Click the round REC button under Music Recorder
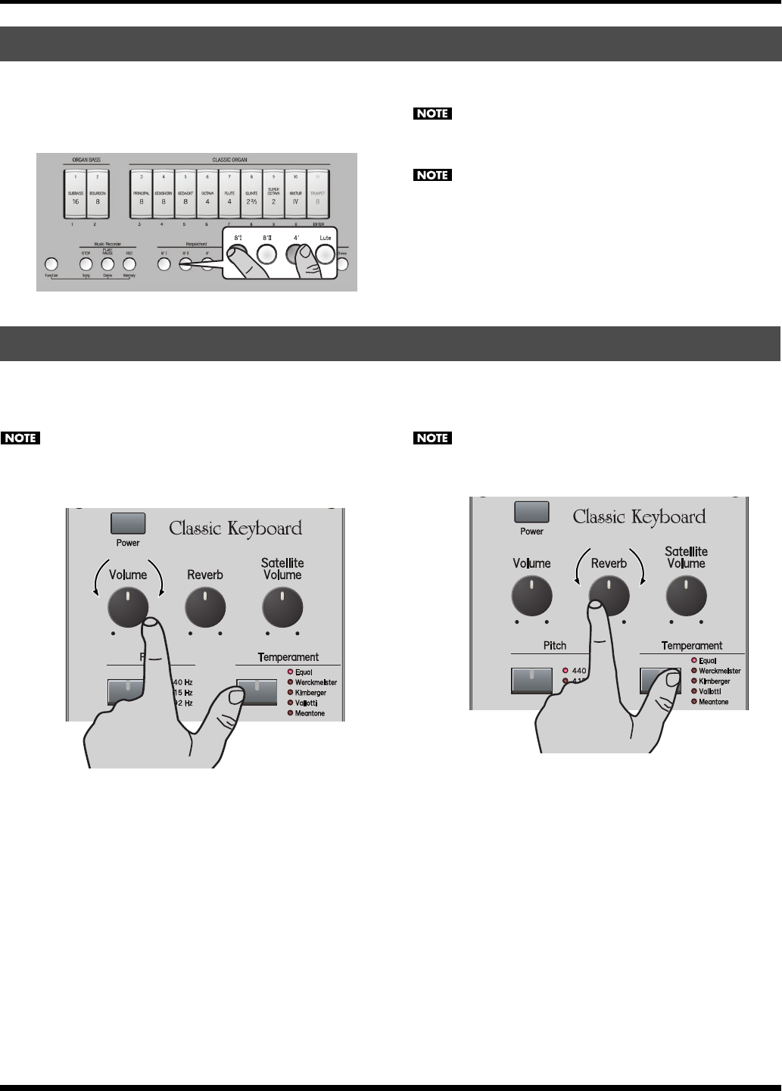(129, 264)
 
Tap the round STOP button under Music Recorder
(86, 264)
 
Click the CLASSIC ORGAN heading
(229, 161)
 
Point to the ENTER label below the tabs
(316, 224)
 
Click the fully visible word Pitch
(555, 646)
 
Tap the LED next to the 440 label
(565, 671)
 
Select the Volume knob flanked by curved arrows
(128, 607)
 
